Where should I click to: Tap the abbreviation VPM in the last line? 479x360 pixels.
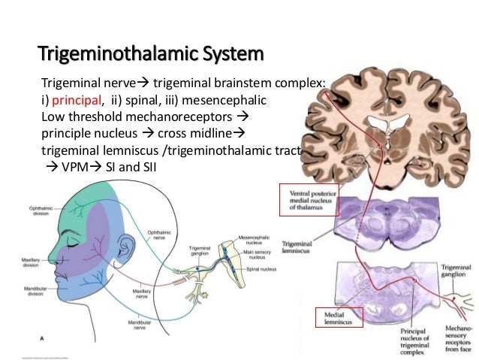82,166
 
